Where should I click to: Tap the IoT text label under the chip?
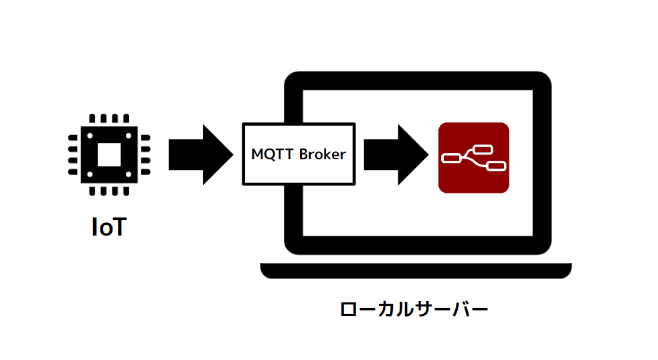[x=108, y=227]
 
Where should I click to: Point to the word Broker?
[x=323, y=154]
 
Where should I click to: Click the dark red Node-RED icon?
[x=473, y=158]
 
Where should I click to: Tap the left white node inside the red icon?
[x=452, y=158]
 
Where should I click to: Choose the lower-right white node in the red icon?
[x=495, y=166]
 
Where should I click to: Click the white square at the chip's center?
[x=108, y=155]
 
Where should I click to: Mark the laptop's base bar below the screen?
[x=416, y=270]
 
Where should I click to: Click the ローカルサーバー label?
[x=413, y=310]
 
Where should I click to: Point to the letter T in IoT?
[x=118, y=227]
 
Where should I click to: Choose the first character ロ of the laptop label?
[x=348, y=310]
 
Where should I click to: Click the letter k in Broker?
[x=325, y=154]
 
